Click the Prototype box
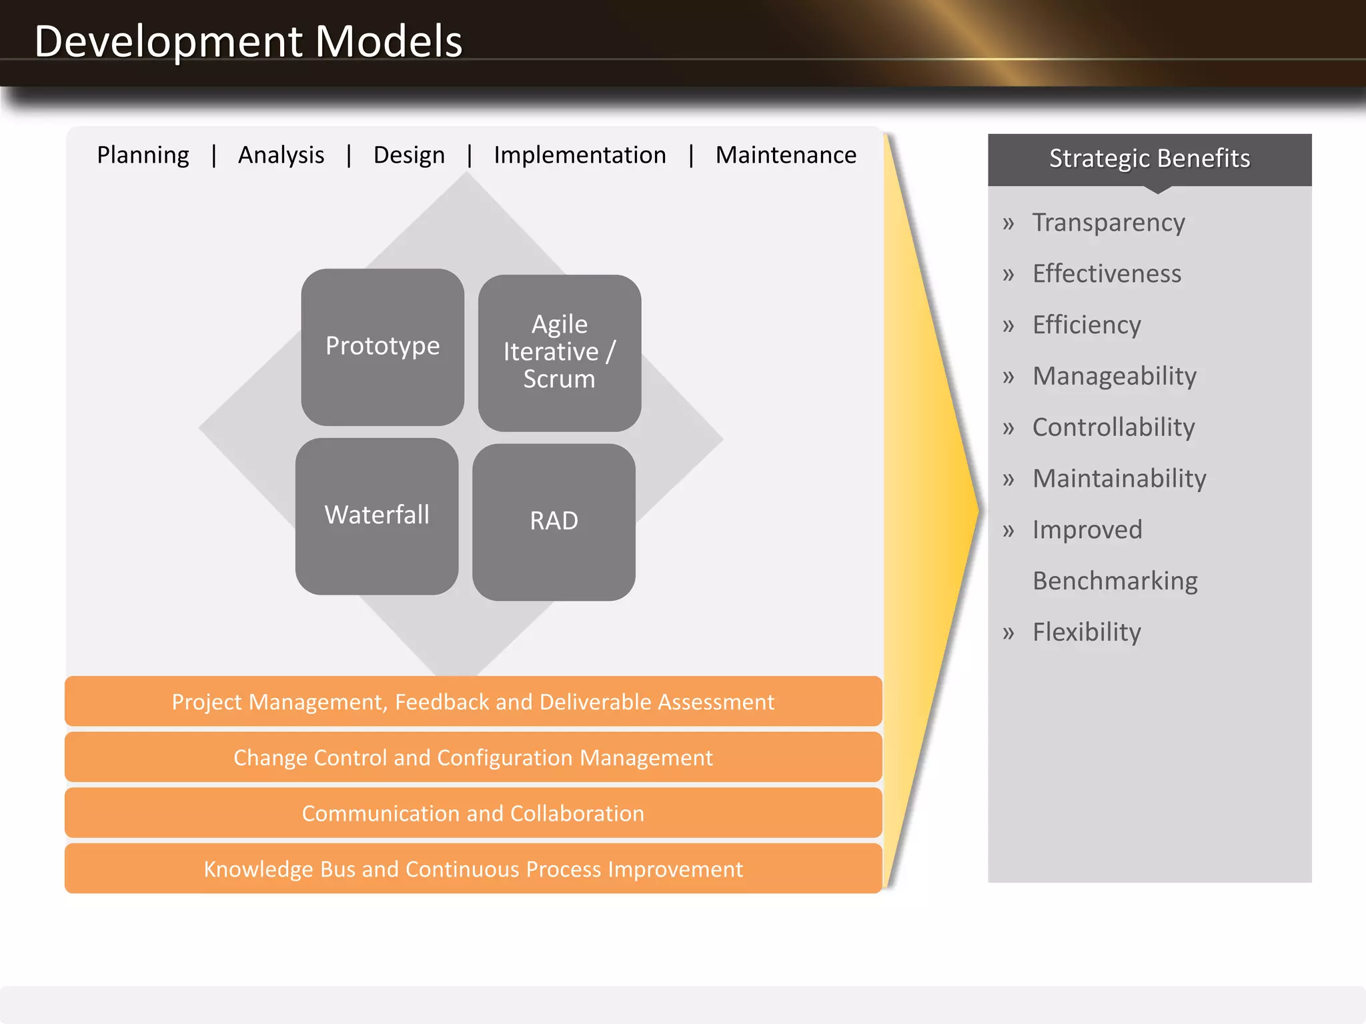[x=382, y=347]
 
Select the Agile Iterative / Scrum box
[x=560, y=352]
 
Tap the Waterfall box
[x=377, y=515]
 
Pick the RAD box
[x=554, y=521]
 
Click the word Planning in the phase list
[x=143, y=155]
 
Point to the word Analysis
[x=281, y=155]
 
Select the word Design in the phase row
[x=409, y=155]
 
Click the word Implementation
[x=580, y=155]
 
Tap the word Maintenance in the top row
[x=786, y=155]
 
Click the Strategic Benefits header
[x=1149, y=159]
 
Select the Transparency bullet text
[x=1109, y=223]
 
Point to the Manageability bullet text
[x=1115, y=377]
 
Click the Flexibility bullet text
[x=1087, y=632]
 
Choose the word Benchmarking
[x=1115, y=581]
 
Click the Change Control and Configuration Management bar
[x=473, y=757]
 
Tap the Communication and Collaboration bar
[x=473, y=813]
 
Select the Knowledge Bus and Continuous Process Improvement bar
[x=473, y=869]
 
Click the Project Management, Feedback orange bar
[x=473, y=702]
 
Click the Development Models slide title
[x=248, y=41]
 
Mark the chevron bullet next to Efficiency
[x=1008, y=326]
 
